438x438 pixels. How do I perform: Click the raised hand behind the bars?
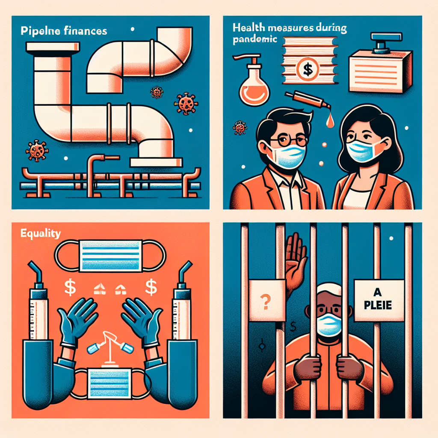pos(295,261)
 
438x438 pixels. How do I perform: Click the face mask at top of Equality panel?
pos(111,255)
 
